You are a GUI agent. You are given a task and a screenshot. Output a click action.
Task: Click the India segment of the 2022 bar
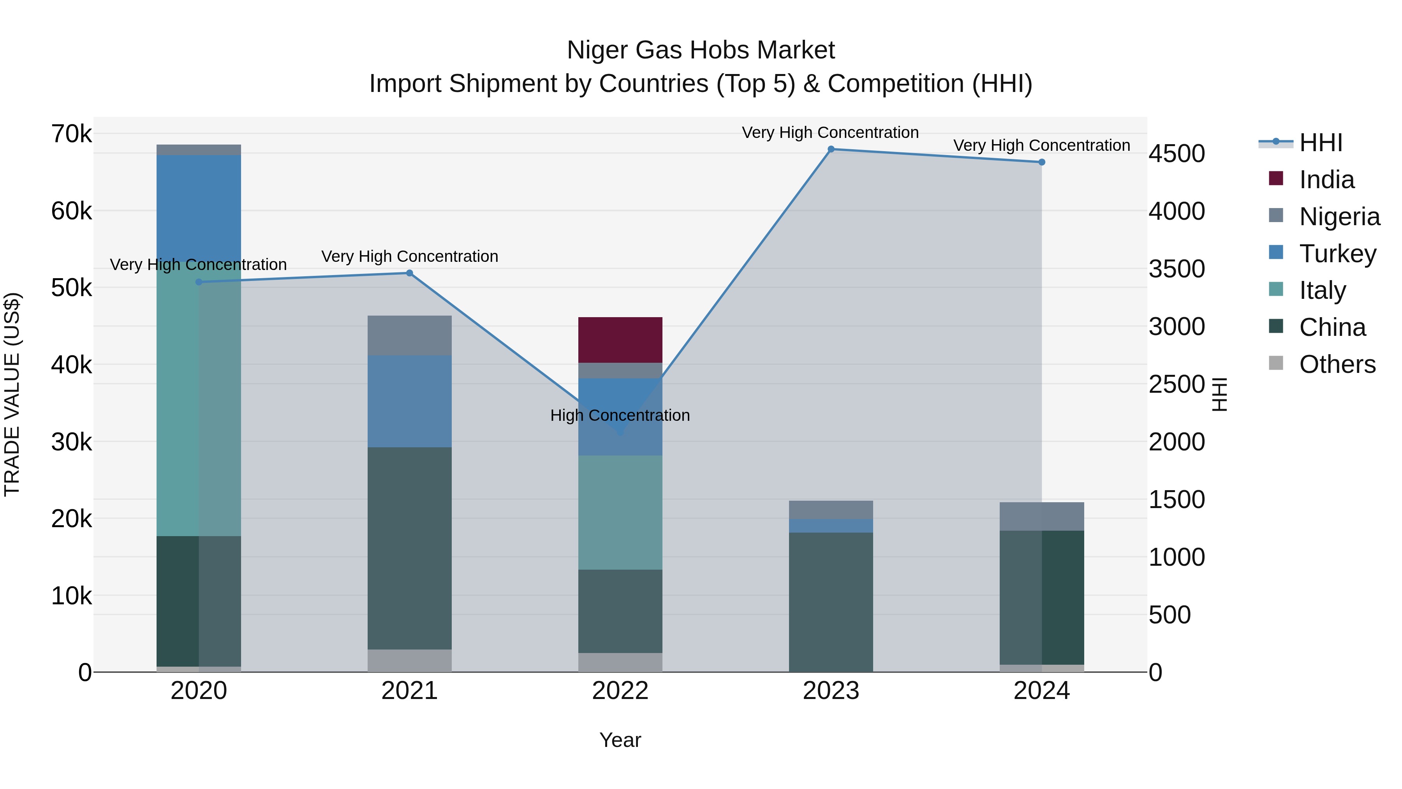coord(620,339)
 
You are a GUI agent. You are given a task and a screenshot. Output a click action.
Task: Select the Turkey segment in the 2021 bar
coord(409,401)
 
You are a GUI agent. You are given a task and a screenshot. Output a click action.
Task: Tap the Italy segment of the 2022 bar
coord(620,512)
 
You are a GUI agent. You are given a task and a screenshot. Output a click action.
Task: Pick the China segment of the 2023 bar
coord(831,602)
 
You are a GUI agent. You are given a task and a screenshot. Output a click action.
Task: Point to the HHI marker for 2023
coord(831,149)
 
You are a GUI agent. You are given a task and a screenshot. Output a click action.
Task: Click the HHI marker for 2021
coord(409,273)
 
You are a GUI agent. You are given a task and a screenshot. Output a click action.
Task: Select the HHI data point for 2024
coord(1041,162)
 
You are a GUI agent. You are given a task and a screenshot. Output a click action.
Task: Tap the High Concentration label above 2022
coord(620,415)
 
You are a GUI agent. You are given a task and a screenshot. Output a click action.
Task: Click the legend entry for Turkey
coord(1337,253)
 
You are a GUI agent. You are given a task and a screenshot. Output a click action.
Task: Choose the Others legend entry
coord(1337,364)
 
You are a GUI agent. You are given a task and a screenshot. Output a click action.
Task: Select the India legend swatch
coord(1276,178)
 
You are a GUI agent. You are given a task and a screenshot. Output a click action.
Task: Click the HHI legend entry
coord(1320,143)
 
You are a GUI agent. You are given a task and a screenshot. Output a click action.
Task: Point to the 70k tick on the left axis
coord(71,134)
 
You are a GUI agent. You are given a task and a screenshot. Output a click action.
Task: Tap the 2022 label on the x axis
coord(620,691)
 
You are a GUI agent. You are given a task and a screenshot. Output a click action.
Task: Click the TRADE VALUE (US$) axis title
coord(12,394)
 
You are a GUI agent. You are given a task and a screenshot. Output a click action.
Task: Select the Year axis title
coord(620,740)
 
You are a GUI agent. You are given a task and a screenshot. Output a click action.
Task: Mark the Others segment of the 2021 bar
coord(409,660)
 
